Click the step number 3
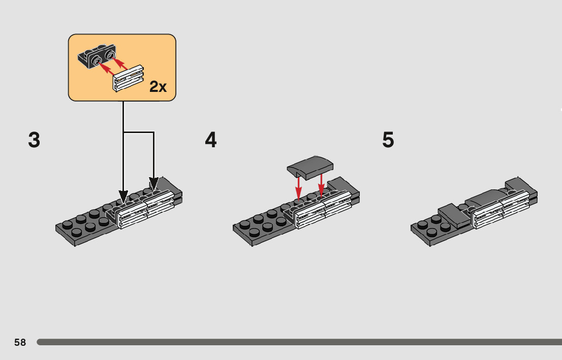(34, 140)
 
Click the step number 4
(211, 140)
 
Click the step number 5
(388, 140)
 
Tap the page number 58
(20, 342)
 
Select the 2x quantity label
(158, 87)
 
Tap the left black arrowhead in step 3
(123, 196)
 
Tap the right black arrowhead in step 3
(153, 183)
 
